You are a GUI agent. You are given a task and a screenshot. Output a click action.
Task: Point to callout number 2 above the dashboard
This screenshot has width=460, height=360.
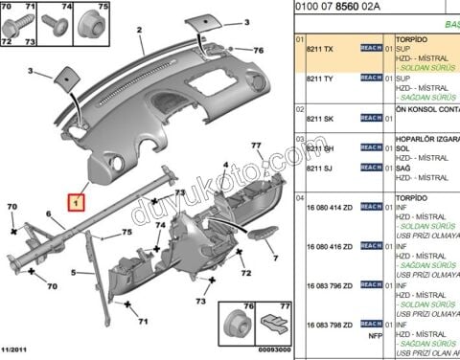click(x=140, y=32)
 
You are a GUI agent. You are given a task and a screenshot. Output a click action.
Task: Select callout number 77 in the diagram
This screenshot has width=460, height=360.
click(x=256, y=146)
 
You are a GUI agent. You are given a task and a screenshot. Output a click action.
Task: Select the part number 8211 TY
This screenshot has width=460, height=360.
click(x=320, y=79)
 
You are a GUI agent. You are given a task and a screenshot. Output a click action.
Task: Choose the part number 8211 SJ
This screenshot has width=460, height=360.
click(x=320, y=169)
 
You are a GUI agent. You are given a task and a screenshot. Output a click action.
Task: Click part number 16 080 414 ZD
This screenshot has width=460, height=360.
click(x=329, y=206)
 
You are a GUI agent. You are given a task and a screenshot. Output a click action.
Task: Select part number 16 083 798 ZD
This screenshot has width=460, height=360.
click(x=329, y=325)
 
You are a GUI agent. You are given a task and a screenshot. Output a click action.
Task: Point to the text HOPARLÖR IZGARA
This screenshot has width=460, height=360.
click(x=426, y=138)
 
